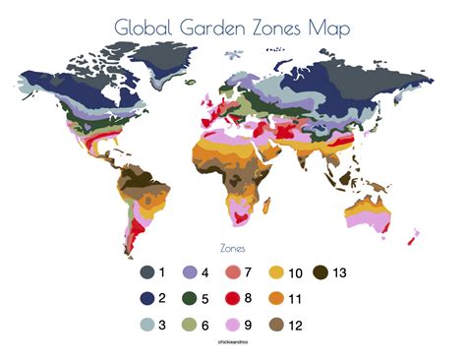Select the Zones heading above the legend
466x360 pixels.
[x=232, y=249]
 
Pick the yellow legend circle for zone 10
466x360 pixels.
[x=278, y=272]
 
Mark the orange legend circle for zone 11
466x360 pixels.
[x=278, y=298]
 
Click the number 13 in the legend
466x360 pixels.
[x=339, y=272]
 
